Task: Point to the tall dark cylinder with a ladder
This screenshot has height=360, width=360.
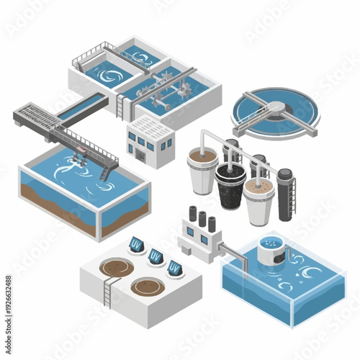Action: [285, 192]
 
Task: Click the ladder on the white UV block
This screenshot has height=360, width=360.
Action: [109, 292]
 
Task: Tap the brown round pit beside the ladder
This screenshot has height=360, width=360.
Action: [114, 269]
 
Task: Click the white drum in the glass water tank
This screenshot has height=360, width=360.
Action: [271, 250]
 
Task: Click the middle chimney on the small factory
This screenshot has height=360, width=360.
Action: [202, 218]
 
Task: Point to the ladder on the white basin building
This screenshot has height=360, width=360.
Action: [120, 107]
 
